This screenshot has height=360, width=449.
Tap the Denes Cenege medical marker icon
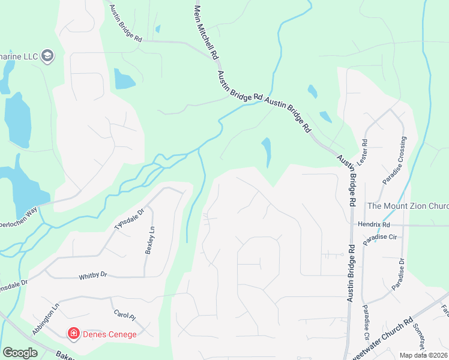point(74,333)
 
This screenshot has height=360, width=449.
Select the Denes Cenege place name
point(110,334)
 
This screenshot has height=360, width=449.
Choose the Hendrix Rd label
point(374,224)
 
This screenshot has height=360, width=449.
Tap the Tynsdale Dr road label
point(129,220)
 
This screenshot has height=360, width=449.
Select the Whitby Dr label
point(92,275)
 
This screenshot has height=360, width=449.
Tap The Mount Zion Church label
point(408,206)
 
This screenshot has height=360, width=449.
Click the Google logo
point(20,353)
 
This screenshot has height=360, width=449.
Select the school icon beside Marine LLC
point(47,56)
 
